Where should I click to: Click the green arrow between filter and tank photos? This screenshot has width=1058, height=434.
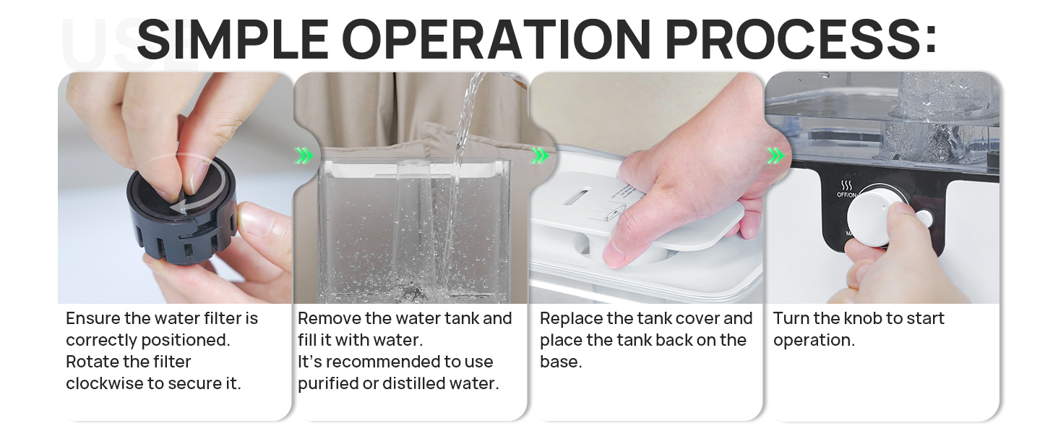click(304, 156)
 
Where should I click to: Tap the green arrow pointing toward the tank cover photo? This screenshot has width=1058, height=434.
click(539, 156)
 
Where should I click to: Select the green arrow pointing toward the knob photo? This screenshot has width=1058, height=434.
click(775, 156)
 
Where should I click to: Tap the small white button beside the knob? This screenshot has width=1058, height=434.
click(923, 218)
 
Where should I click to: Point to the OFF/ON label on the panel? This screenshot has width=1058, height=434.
click(847, 195)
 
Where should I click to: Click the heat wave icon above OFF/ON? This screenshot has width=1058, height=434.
click(847, 185)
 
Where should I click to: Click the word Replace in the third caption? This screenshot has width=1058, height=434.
click(570, 318)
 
